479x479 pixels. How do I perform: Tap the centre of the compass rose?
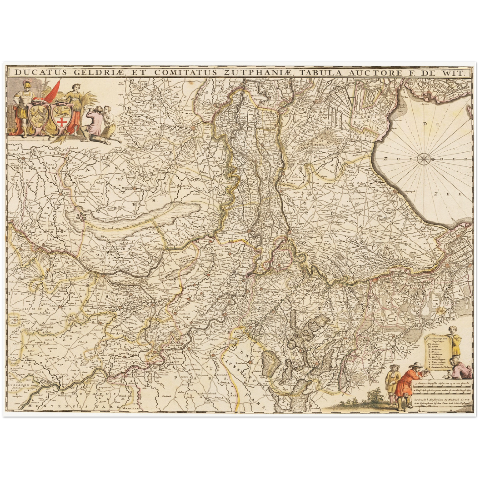coord(424,159)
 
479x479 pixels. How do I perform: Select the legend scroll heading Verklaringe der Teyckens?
coord(438,340)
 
